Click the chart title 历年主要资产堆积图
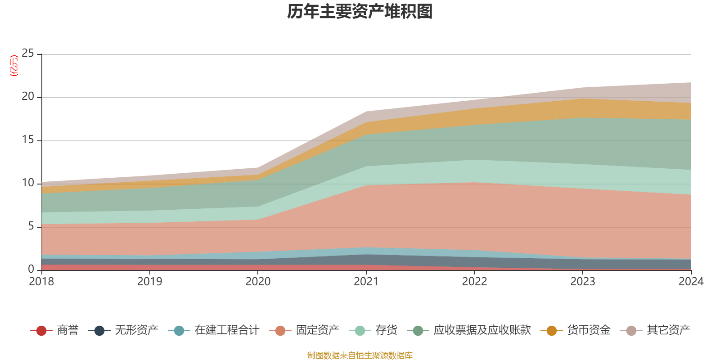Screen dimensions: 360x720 (360, 12)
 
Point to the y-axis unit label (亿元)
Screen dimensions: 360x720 (14, 66)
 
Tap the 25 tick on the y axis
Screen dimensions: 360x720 (28, 54)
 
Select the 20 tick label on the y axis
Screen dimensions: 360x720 (28, 97)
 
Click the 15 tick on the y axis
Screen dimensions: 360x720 (28, 140)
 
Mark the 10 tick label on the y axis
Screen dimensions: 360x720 (28, 183)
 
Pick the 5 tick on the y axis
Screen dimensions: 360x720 (31, 226)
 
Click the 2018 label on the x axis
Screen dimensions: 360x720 (41, 282)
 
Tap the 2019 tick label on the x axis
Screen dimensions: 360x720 (149, 282)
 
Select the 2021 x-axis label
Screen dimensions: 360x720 (366, 282)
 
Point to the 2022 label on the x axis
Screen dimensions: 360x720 (474, 282)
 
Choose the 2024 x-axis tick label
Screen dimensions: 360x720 (691, 282)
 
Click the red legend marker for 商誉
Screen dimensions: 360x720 (41, 331)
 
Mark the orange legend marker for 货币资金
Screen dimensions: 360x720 (551, 331)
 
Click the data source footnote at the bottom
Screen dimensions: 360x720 (360, 355)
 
